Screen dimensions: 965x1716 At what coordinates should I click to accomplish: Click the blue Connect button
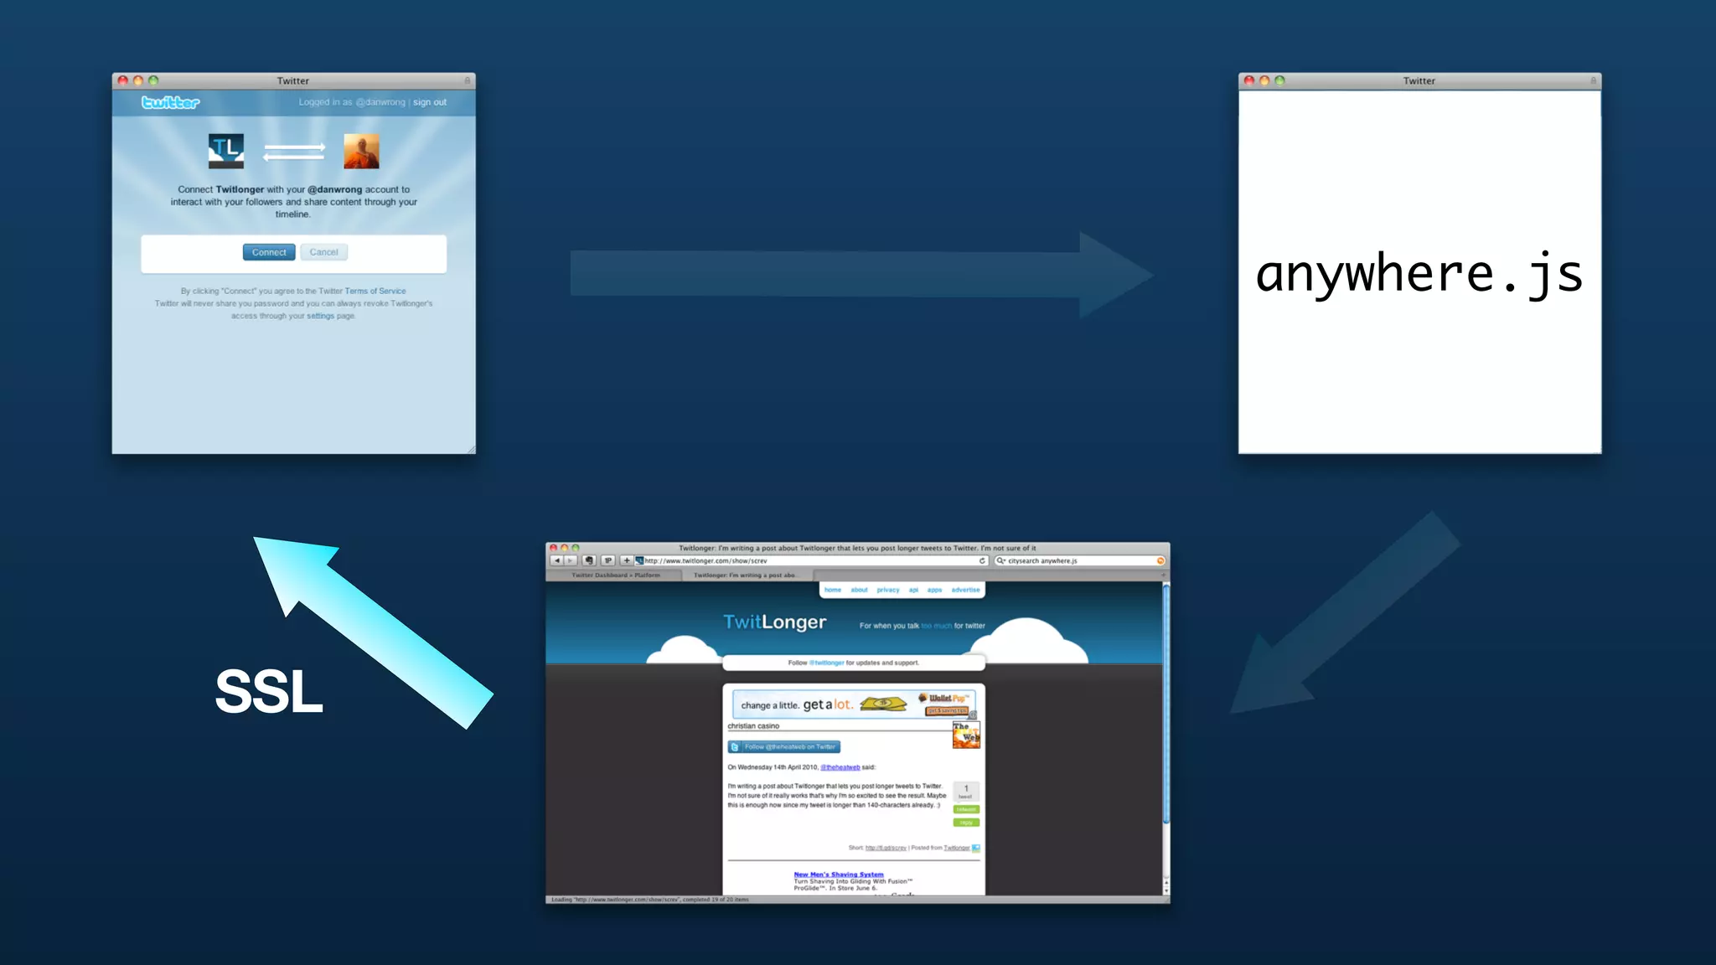(x=268, y=252)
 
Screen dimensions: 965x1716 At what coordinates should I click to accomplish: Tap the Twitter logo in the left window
(x=170, y=102)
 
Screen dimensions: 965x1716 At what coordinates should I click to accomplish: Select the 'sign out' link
(x=429, y=102)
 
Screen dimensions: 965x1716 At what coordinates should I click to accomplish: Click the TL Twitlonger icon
(x=226, y=151)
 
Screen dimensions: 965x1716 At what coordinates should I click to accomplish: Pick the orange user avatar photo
(x=361, y=151)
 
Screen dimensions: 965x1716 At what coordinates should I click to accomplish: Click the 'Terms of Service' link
(x=375, y=292)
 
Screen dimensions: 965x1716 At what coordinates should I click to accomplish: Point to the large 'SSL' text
(x=269, y=692)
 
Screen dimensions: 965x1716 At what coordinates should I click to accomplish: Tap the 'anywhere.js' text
(x=1419, y=274)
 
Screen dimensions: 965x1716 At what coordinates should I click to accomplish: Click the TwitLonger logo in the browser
(x=774, y=622)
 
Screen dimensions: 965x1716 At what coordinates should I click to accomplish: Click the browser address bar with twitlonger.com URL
(x=809, y=560)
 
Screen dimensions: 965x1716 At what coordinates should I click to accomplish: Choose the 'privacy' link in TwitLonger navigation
(x=887, y=590)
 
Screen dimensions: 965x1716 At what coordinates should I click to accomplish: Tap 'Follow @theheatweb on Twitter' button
(x=784, y=746)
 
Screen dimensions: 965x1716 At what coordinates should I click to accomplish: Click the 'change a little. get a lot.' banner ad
(x=853, y=704)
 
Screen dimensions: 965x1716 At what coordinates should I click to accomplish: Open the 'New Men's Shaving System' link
(x=838, y=875)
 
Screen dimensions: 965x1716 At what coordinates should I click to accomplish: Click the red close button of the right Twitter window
(x=1249, y=80)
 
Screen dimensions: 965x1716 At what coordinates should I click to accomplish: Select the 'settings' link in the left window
(x=320, y=317)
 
